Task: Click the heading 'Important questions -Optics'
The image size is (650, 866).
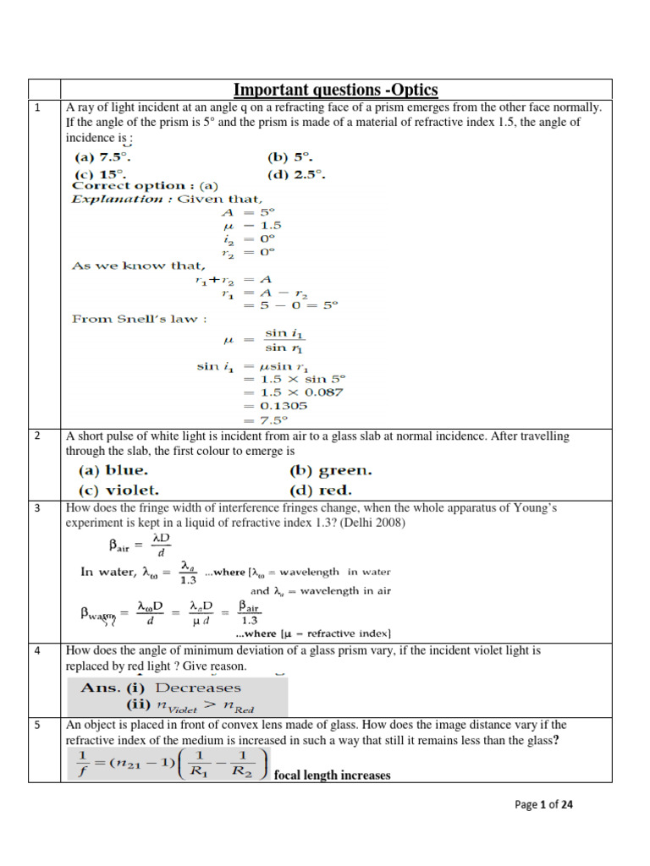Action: pos(335,90)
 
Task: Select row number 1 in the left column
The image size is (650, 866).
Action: pos(37,107)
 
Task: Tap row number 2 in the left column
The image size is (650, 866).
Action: pos(37,436)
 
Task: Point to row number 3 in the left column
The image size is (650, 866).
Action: pos(37,507)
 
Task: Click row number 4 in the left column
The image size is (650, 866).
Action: pos(37,650)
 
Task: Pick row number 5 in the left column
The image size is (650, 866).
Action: pos(37,725)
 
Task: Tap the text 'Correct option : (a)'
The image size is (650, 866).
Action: pos(145,186)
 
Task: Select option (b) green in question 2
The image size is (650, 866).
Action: pos(330,470)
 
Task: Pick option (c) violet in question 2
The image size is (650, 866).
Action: pos(118,490)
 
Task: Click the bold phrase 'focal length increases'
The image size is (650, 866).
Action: pos(333,775)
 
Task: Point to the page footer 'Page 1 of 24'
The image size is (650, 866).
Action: pos(544,805)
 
